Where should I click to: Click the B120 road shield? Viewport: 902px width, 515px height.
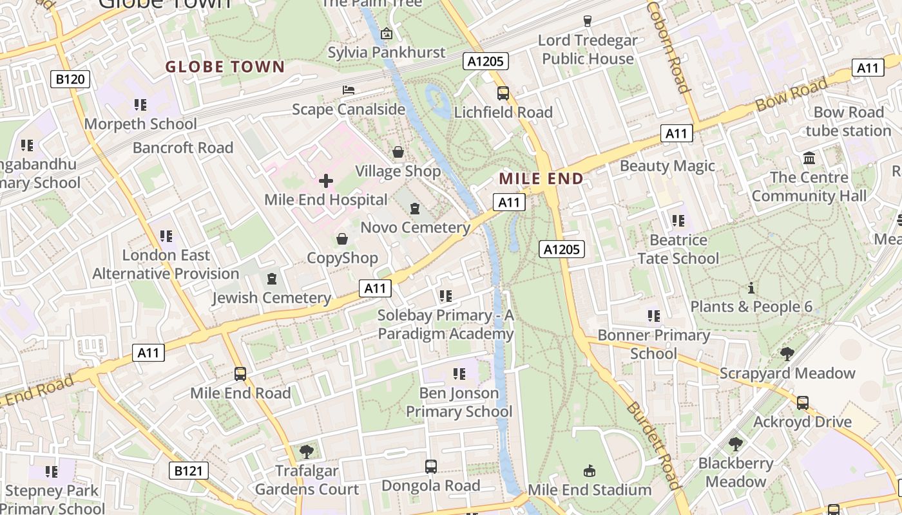tap(70, 79)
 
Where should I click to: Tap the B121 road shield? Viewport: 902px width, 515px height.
tap(189, 471)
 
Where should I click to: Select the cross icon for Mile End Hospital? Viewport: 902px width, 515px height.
tap(326, 181)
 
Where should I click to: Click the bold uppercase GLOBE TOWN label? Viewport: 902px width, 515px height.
tap(225, 67)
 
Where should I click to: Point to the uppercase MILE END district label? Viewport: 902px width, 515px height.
tap(541, 179)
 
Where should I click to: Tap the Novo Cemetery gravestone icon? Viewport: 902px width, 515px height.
tap(415, 209)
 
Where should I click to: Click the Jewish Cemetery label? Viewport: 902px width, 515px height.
tap(271, 298)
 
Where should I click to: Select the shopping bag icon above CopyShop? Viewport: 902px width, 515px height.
tap(342, 239)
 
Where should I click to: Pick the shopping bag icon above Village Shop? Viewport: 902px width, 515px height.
tap(398, 152)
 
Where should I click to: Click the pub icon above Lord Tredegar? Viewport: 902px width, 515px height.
tap(587, 21)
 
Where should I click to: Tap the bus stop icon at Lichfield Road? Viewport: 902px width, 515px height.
tap(503, 93)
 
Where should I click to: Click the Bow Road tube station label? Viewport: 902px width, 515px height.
tap(848, 122)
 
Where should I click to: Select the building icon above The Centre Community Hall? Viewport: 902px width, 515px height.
tap(809, 158)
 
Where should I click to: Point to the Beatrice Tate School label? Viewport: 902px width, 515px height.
tap(678, 249)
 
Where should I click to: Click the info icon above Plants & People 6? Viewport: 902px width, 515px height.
tap(751, 288)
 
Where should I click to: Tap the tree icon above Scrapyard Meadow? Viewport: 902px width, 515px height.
tap(787, 353)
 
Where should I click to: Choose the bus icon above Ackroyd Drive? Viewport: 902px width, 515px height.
tap(802, 403)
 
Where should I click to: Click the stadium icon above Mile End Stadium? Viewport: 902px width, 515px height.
tap(589, 471)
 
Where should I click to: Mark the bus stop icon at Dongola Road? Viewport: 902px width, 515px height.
tap(431, 467)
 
